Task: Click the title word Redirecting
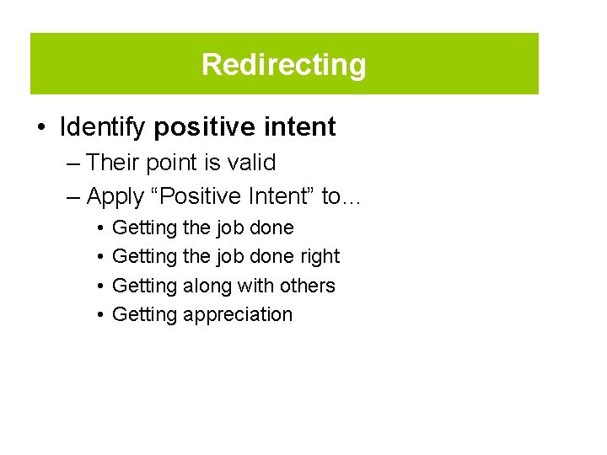[284, 65]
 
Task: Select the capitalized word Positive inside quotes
[196, 196]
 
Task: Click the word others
[306, 286]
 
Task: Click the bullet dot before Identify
[40, 128]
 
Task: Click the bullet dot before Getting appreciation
[99, 315]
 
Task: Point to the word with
[256, 286]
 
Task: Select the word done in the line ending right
[275, 256]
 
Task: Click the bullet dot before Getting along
[99, 286]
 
